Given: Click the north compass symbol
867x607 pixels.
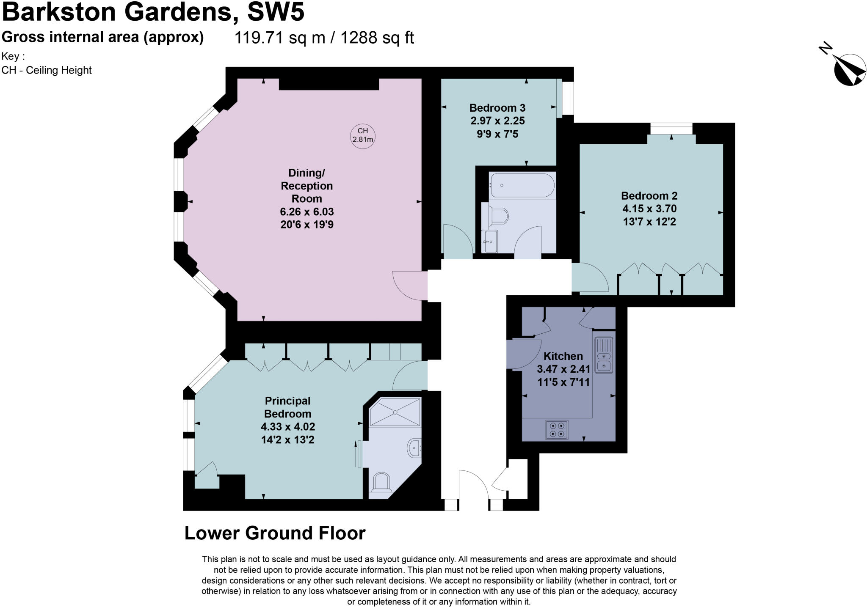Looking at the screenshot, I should pos(849,70).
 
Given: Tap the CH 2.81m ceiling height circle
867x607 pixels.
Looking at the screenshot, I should pos(363,135).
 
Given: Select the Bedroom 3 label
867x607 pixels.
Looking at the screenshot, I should pos(497,107).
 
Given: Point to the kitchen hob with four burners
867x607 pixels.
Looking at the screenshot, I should pos(557,429).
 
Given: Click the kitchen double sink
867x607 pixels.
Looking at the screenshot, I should pos(603,355).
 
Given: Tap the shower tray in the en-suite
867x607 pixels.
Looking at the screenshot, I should pos(395,412).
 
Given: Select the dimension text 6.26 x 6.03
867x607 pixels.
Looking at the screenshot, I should pos(306,211).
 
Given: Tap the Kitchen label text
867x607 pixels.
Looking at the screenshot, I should pos(563,356).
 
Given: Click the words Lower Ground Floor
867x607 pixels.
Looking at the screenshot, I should pos(275,533).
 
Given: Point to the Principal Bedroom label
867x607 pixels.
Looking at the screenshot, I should pos(287,407).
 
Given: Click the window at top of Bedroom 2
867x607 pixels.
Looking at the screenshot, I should pos(671,128).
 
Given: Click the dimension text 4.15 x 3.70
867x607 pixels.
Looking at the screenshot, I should pos(649,209).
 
